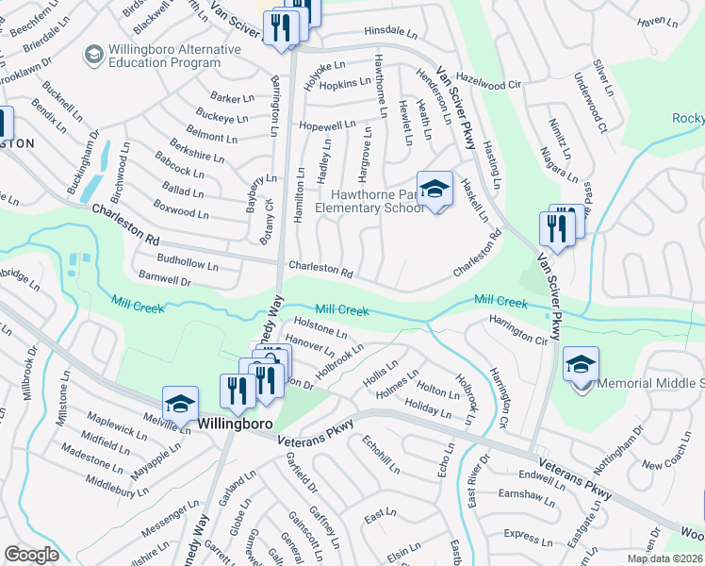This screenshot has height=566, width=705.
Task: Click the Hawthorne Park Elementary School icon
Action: pos(434,189)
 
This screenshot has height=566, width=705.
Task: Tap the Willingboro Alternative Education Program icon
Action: pos(93,55)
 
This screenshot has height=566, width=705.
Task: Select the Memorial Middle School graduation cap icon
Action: pos(581,363)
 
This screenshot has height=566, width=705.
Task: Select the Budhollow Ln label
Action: pos(189,263)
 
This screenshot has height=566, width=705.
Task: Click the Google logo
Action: pos(31,555)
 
